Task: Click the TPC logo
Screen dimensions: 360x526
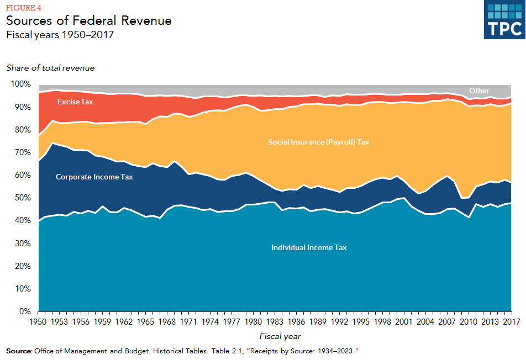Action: [503, 20]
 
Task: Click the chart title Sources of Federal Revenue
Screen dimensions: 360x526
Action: [89, 21]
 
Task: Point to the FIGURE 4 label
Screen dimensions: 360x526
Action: [23, 8]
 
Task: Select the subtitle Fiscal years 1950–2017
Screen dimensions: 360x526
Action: [60, 35]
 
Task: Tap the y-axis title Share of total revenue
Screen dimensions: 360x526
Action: [51, 68]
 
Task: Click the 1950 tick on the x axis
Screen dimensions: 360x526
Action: [38, 322]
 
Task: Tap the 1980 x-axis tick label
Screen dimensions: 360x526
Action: [253, 322]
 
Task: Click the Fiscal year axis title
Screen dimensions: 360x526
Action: [280, 336]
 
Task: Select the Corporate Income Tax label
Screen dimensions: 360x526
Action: [94, 177]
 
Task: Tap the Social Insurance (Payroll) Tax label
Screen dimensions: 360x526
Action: [318, 142]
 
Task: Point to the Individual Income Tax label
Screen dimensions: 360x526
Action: [309, 248]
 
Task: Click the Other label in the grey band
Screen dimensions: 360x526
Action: [479, 91]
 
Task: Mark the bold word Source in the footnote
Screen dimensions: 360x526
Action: [18, 351]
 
